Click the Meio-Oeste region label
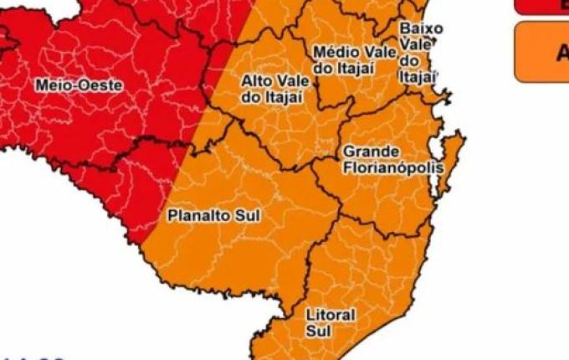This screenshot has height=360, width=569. (x=79, y=85)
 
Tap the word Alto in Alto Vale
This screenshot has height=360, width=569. (x=255, y=81)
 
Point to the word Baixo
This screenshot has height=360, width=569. (x=421, y=28)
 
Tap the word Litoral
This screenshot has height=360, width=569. (x=331, y=315)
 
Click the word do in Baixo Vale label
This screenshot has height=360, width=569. (x=410, y=60)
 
